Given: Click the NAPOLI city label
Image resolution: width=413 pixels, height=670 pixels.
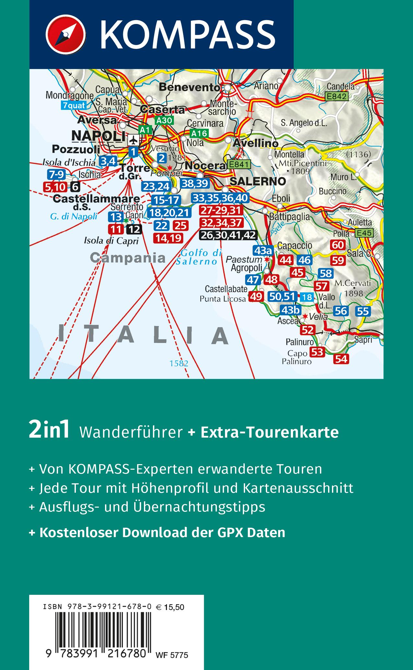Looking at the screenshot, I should coord(98,136).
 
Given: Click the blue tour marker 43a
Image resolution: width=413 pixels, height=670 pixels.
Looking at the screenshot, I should coord(263,250).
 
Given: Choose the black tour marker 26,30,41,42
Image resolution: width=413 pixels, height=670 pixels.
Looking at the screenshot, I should coord(229,235).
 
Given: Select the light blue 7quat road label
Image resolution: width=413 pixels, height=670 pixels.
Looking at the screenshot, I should coord(74,105).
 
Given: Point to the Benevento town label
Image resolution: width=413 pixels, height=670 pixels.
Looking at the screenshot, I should coord(190,87).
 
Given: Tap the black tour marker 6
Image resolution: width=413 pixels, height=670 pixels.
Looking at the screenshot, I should coord(75,187).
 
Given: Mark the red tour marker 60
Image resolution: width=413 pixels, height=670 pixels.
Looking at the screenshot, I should coord(338,245).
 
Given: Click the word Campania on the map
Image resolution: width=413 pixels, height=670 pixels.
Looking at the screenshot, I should coord(128,258).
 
